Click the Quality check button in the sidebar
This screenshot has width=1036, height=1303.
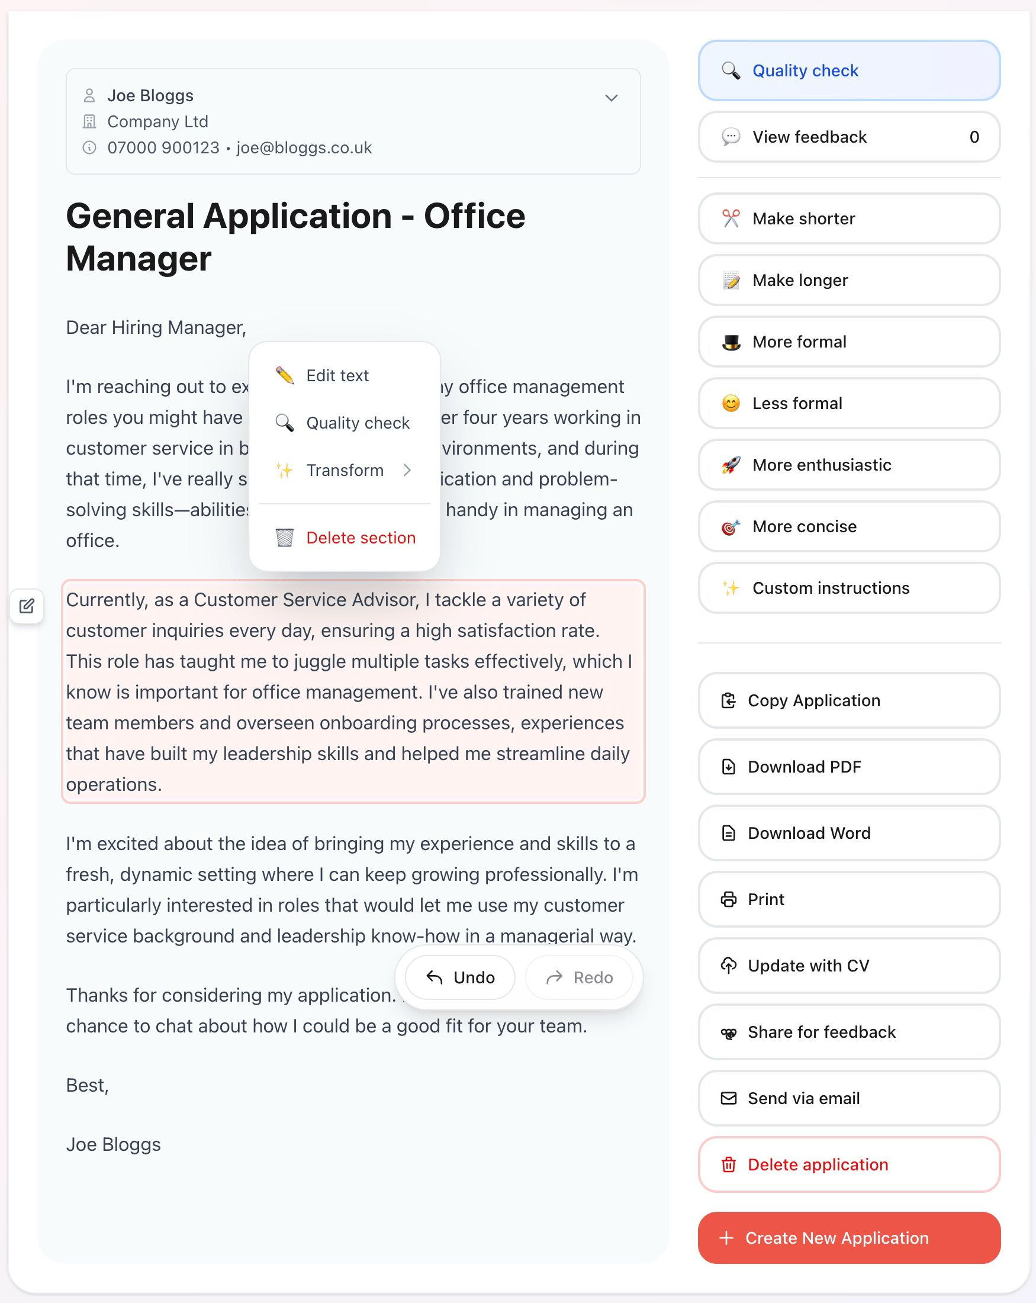click(x=848, y=70)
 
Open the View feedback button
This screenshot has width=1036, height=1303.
click(x=848, y=137)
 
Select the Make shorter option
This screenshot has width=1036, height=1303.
click(x=848, y=219)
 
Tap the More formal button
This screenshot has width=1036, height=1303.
click(x=848, y=342)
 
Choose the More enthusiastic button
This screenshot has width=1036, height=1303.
click(x=848, y=465)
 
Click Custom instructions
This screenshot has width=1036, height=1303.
click(x=848, y=588)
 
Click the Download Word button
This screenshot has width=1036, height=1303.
click(x=848, y=833)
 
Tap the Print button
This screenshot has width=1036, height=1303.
click(x=848, y=899)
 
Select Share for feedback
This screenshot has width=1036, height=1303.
click(x=848, y=1032)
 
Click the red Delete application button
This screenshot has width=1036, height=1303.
click(x=848, y=1164)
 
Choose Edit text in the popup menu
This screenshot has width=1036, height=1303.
click(x=337, y=376)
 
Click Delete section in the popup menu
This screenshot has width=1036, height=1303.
click(x=361, y=538)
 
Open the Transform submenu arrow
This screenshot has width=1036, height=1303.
click(x=407, y=470)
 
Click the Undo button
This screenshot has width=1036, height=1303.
click(x=461, y=977)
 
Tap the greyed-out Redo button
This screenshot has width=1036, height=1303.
click(x=579, y=977)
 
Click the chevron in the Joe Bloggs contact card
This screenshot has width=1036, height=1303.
click(x=611, y=98)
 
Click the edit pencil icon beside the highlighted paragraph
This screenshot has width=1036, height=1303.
click(x=27, y=606)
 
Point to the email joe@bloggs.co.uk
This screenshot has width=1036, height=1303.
click(x=304, y=148)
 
